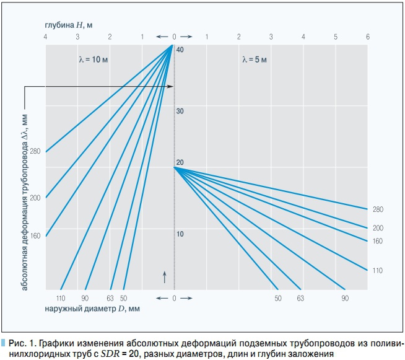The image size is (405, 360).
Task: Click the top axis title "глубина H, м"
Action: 68,24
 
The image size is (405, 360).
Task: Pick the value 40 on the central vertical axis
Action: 180,50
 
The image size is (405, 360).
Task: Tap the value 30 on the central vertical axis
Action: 180,111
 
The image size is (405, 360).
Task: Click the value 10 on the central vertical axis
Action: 180,234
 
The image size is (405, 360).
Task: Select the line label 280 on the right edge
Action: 378,209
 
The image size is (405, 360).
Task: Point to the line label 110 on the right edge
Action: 378,270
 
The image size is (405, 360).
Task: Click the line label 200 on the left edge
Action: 35,198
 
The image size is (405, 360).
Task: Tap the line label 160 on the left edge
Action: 35,236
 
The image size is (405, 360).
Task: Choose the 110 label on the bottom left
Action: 61,299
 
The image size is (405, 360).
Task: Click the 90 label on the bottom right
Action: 345,299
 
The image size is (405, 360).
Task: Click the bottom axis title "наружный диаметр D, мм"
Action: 92,308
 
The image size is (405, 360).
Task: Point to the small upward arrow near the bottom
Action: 165,276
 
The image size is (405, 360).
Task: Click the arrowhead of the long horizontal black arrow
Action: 172,87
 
